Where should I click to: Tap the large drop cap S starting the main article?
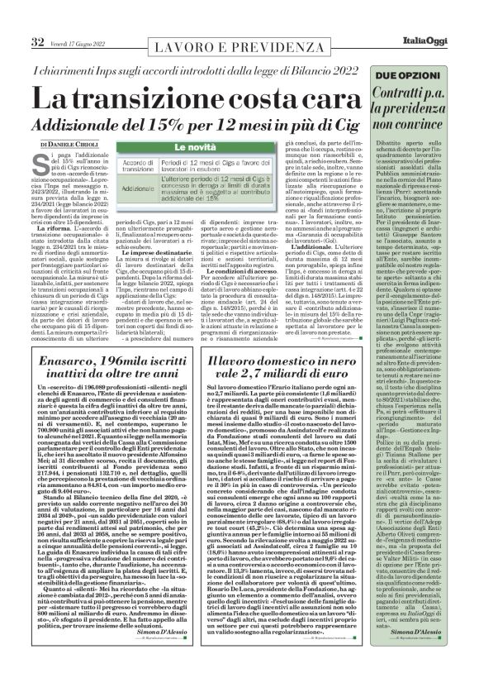(42, 161)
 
